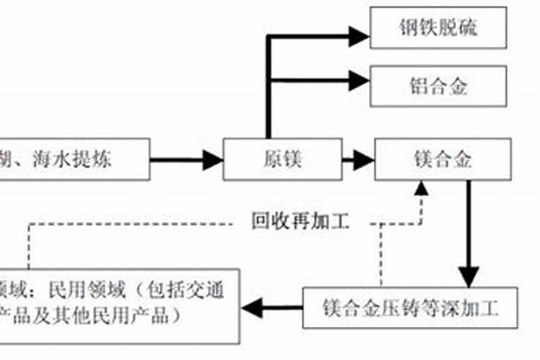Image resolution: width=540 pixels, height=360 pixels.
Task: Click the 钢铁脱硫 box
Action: (438, 29)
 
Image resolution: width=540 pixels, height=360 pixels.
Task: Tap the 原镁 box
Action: (282, 159)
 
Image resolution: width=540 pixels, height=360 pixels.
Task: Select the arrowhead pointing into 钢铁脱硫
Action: (358, 35)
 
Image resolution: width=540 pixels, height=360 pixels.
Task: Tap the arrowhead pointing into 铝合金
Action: (358, 78)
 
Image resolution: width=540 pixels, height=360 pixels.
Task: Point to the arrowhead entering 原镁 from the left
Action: (212, 159)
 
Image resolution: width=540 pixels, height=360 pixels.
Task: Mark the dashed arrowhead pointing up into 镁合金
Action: (420, 189)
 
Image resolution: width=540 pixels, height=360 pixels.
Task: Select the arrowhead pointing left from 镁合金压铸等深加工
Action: (251, 309)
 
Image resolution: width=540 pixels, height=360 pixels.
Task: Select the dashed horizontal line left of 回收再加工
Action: (130, 223)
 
